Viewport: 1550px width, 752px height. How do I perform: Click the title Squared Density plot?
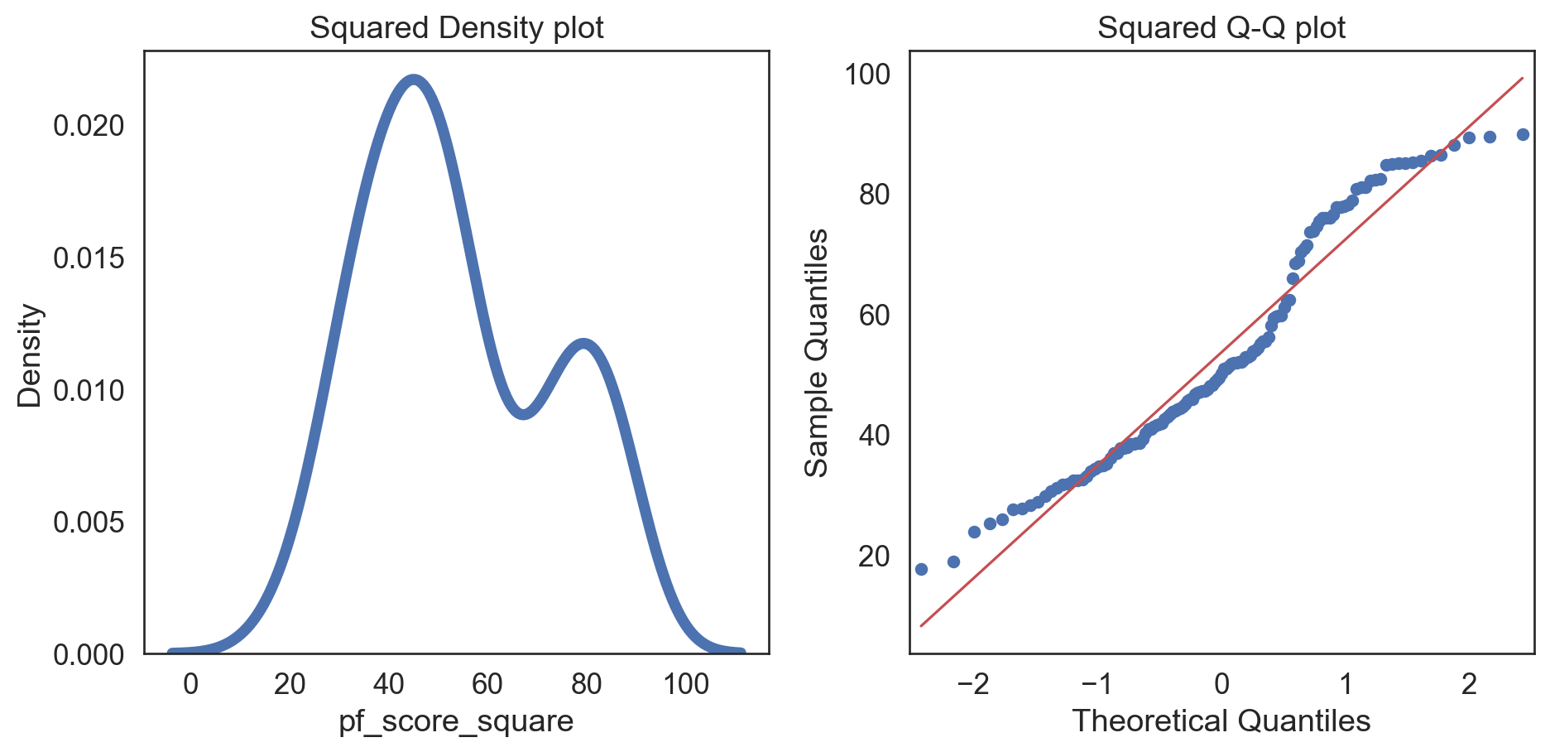pyautogui.click(x=456, y=28)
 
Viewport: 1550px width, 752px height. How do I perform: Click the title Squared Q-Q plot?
pyautogui.click(x=1221, y=28)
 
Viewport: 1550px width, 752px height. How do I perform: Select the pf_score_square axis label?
pyautogui.click(x=456, y=721)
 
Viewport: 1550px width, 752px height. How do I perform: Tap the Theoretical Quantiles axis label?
pyautogui.click(x=1221, y=721)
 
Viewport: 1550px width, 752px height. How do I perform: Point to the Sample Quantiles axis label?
pyautogui.click(x=817, y=353)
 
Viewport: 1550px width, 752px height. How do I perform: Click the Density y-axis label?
pyautogui.click(x=30, y=355)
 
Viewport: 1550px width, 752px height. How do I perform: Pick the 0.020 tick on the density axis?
pyautogui.click(x=89, y=126)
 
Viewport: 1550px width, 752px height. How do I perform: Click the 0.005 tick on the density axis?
pyautogui.click(x=89, y=523)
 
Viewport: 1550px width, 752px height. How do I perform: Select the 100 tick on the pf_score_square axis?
pyautogui.click(x=685, y=685)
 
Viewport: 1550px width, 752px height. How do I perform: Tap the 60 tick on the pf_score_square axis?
pyautogui.click(x=487, y=685)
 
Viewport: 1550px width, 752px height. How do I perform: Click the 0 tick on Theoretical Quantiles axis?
pyautogui.click(x=1221, y=685)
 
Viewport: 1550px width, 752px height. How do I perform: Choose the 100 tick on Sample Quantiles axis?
pyautogui.click(x=867, y=75)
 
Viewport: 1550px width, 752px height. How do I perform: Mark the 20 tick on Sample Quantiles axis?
pyautogui.click(x=874, y=557)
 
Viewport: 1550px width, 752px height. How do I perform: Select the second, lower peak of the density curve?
pyautogui.click(x=584, y=344)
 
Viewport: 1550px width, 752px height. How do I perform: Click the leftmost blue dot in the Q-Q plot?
pyautogui.click(x=921, y=569)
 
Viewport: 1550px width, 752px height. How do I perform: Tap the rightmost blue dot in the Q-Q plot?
pyautogui.click(x=1522, y=135)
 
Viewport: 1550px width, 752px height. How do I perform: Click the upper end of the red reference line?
pyautogui.click(x=1522, y=79)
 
